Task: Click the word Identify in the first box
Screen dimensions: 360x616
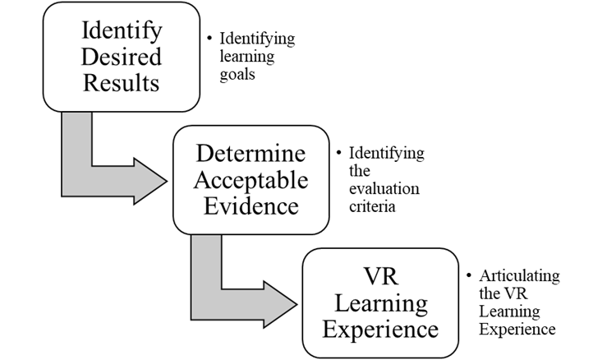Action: [x=121, y=33]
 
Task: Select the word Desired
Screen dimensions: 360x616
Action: [x=121, y=58]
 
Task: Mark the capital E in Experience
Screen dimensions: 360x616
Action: [x=327, y=329]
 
